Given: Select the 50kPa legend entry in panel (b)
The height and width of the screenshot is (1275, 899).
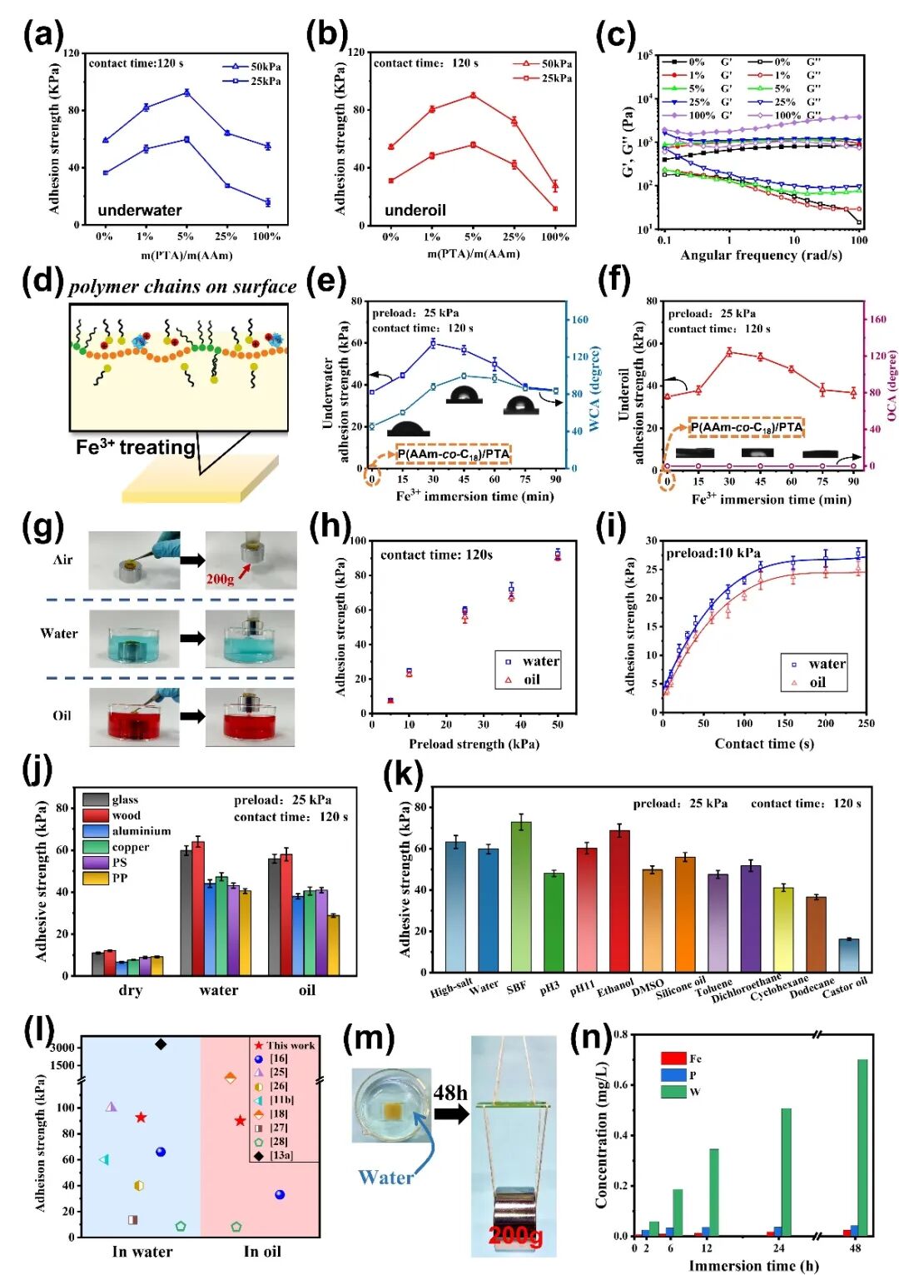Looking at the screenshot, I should point(545,63).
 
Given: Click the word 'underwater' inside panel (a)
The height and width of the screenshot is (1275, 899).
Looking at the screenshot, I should point(139,210).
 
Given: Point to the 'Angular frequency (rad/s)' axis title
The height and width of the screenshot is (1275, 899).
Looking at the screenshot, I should point(760,255).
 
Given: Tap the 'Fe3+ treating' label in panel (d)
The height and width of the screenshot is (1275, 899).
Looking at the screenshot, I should point(135,447).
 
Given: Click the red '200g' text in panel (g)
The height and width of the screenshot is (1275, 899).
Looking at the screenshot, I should point(220,579).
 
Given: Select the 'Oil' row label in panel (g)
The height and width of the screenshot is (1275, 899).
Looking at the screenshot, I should point(62,715).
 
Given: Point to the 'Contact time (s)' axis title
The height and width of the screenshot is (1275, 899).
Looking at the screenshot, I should point(763,744).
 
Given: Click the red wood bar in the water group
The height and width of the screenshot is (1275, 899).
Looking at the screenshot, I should point(198,908).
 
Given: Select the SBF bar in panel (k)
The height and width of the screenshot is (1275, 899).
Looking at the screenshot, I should point(521,896).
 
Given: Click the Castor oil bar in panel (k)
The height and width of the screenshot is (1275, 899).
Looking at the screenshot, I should point(849,954).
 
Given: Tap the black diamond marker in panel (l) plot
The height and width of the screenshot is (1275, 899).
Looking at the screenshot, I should point(161,1044).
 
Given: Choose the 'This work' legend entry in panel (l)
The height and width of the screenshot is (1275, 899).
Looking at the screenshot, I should point(284,1045).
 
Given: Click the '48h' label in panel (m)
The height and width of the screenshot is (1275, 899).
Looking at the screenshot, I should point(450,1093).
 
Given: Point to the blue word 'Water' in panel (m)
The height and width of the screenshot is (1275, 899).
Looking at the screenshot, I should point(385,1177).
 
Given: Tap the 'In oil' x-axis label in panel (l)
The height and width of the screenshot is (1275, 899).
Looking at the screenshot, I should point(262,1251).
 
